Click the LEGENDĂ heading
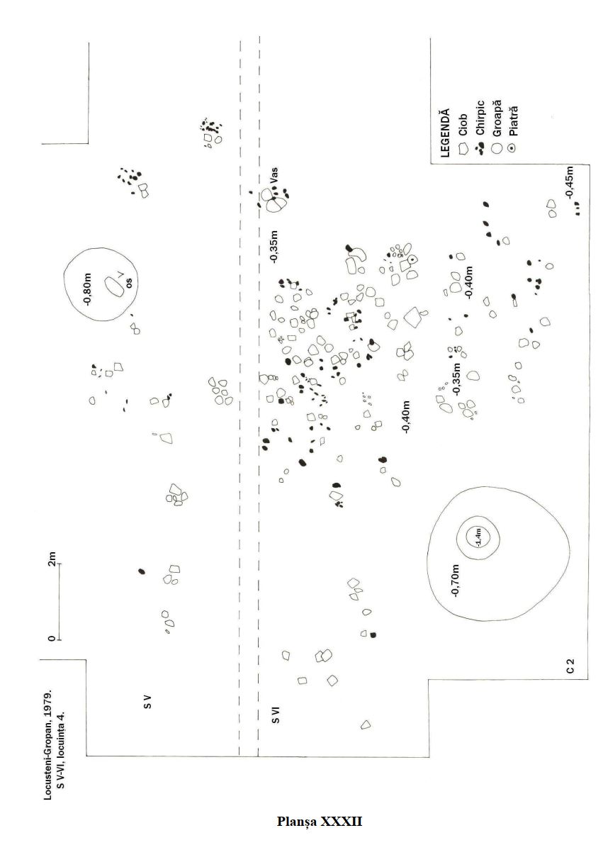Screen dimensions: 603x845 click(445, 133)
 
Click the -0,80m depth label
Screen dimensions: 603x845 click(88, 288)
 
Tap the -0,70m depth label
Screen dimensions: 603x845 click(455, 581)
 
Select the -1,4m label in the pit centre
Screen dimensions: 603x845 click(478, 537)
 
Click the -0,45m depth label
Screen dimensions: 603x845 click(569, 182)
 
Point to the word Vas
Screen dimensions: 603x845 click(274, 174)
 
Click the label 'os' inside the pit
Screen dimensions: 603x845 click(129, 282)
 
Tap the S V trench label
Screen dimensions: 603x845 click(147, 703)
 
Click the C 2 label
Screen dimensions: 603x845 click(570, 666)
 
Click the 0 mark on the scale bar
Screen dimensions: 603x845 click(52, 639)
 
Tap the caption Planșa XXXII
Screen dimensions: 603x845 click(320, 822)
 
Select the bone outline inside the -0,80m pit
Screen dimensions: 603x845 click(113, 286)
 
